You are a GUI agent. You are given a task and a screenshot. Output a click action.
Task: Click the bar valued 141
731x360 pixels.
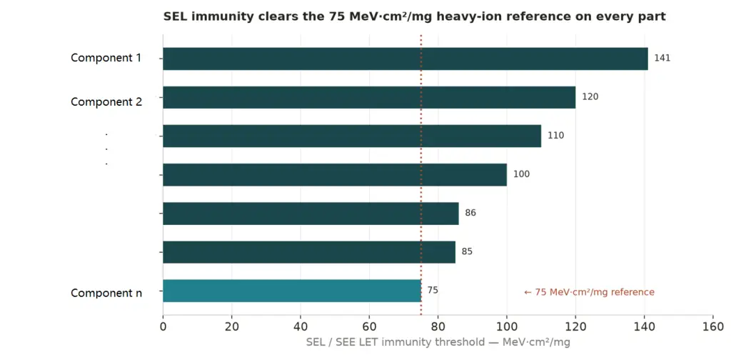(405, 59)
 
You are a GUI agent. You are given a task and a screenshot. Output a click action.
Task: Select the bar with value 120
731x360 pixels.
(369, 97)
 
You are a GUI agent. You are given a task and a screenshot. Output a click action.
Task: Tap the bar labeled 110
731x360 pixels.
(352, 136)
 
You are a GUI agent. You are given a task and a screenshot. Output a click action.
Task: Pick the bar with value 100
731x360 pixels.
(335, 175)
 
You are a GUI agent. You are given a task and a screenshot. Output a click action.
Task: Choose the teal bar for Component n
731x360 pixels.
(292, 291)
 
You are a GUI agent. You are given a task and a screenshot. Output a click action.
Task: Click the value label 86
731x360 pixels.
(470, 213)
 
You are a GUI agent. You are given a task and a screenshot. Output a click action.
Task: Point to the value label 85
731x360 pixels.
(467, 252)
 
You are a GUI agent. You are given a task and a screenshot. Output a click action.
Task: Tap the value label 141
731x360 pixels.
(662, 59)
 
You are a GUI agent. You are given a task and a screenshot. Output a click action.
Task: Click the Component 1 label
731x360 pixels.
(106, 59)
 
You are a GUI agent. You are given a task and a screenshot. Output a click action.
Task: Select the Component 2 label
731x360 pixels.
(106, 101)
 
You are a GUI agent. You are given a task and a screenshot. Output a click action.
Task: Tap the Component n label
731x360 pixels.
(106, 294)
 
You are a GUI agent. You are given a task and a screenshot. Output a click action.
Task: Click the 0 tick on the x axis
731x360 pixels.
(163, 327)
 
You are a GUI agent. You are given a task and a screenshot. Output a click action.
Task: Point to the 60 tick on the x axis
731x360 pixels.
(369, 327)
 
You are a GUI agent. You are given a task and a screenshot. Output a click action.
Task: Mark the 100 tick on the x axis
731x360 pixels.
(507, 327)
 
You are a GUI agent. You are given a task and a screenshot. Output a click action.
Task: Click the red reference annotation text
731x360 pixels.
(589, 292)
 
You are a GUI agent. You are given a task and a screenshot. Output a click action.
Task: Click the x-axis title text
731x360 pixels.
(438, 343)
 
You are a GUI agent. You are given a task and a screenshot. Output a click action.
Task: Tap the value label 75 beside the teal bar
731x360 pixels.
(433, 291)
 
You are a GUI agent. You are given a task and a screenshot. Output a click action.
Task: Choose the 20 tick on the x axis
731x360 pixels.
(232, 327)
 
